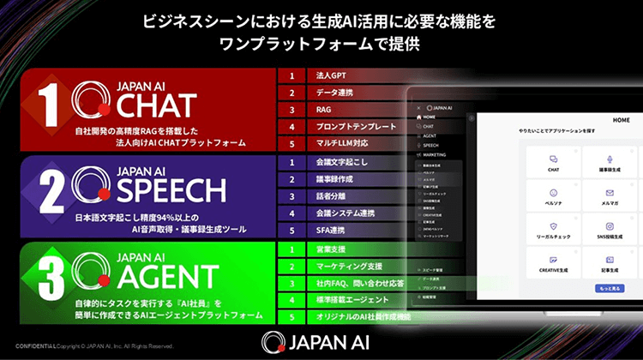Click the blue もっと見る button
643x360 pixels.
tap(608, 290)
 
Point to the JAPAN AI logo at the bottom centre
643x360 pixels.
tap(321, 339)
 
